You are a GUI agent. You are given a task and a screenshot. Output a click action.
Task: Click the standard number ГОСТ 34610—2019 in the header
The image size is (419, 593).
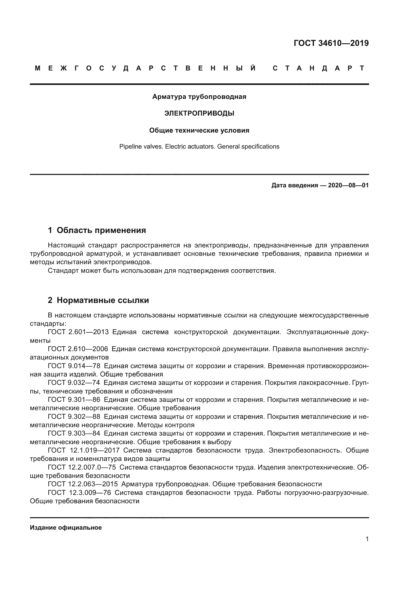[x=331, y=43]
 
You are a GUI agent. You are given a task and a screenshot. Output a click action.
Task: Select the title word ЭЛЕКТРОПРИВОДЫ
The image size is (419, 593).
[x=199, y=113]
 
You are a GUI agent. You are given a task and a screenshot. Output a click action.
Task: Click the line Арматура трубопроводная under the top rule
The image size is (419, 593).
[x=199, y=97]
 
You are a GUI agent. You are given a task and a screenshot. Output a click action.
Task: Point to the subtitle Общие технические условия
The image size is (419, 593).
[x=199, y=130]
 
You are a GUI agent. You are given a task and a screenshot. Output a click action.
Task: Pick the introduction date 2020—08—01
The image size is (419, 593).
[x=348, y=185]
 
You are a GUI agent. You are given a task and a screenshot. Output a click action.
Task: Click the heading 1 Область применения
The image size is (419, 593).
[x=97, y=230]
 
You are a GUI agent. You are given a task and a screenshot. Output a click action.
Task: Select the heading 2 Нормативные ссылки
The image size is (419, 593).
[x=98, y=300]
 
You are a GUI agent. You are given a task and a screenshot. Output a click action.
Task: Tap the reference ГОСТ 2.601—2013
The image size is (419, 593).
[x=78, y=332]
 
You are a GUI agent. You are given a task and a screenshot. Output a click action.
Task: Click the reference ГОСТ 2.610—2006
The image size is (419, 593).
[x=78, y=349]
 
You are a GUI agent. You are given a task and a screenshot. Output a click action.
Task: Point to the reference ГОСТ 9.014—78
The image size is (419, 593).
[x=74, y=366]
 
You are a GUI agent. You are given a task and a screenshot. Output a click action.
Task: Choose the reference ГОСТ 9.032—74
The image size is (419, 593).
[x=74, y=383]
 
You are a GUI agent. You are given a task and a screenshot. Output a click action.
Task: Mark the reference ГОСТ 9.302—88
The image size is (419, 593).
[x=74, y=417]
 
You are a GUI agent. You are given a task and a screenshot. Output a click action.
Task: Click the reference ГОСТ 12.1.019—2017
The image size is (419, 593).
[x=84, y=451]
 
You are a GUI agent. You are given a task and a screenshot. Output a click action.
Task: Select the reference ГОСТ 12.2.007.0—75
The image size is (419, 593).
[x=82, y=467]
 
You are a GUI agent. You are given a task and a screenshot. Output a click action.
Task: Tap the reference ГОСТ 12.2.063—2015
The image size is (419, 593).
[x=83, y=484]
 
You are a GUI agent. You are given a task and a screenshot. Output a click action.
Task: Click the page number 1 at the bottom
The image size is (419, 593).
[x=367, y=539]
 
